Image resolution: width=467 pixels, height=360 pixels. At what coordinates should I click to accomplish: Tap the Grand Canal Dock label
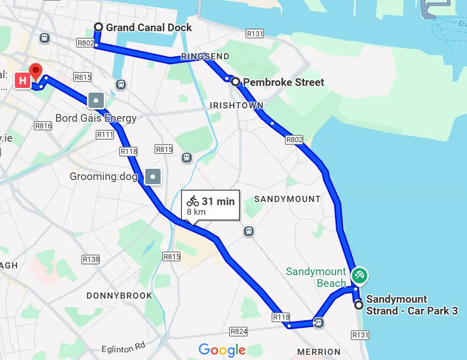click(x=149, y=28)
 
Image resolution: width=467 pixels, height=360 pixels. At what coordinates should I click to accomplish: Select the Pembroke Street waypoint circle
click(x=235, y=82)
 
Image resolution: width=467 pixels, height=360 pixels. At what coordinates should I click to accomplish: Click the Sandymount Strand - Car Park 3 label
click(x=412, y=305)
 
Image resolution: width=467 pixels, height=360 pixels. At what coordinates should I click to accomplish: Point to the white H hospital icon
click(x=23, y=81)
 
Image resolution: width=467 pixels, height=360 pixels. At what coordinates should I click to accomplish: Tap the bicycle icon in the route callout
click(x=192, y=201)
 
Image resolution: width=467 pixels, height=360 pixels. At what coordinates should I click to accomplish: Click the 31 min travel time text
click(x=218, y=201)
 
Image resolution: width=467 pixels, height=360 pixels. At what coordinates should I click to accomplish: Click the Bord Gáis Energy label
click(x=96, y=118)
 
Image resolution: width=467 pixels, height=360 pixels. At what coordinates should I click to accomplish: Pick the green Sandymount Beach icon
click(x=360, y=275)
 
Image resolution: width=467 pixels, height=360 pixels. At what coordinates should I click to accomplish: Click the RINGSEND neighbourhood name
click(x=205, y=56)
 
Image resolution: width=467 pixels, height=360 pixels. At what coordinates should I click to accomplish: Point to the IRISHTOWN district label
click(x=237, y=106)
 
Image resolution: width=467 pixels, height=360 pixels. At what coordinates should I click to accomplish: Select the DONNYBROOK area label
click(x=119, y=296)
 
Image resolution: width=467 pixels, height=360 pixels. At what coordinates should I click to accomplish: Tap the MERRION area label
click(x=319, y=352)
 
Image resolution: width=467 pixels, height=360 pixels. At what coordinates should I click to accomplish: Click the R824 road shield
click(x=238, y=332)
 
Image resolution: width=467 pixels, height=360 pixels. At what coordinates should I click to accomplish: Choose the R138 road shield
click(x=91, y=260)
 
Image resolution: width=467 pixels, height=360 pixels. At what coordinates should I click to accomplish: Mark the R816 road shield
click(x=43, y=126)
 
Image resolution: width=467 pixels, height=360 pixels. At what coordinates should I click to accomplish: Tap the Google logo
click(x=222, y=350)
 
